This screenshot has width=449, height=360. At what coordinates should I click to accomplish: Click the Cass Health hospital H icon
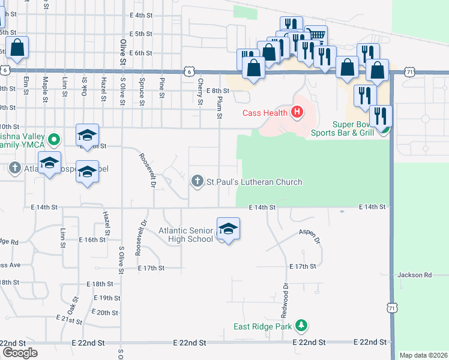[x=296, y=112]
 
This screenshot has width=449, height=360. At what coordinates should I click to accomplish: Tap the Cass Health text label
[x=265, y=113]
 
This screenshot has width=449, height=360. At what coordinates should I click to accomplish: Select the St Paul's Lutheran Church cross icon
[x=197, y=181]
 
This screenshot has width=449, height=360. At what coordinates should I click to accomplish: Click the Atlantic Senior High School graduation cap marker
[x=228, y=229]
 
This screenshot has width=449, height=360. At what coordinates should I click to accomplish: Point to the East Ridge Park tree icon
[x=301, y=326]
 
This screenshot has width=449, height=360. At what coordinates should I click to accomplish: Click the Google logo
[x=19, y=353]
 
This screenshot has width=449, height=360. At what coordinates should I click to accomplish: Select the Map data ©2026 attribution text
[x=423, y=355]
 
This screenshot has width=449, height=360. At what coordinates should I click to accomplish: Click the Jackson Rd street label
[x=414, y=275]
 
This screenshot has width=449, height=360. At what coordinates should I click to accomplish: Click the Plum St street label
[x=220, y=106]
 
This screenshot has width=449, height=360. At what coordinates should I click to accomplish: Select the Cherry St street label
[x=200, y=93]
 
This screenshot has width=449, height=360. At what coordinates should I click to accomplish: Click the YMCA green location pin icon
[x=54, y=140]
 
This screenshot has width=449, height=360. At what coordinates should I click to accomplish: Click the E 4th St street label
[x=141, y=15]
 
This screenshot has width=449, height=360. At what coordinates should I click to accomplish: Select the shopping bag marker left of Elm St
[x=17, y=47]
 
